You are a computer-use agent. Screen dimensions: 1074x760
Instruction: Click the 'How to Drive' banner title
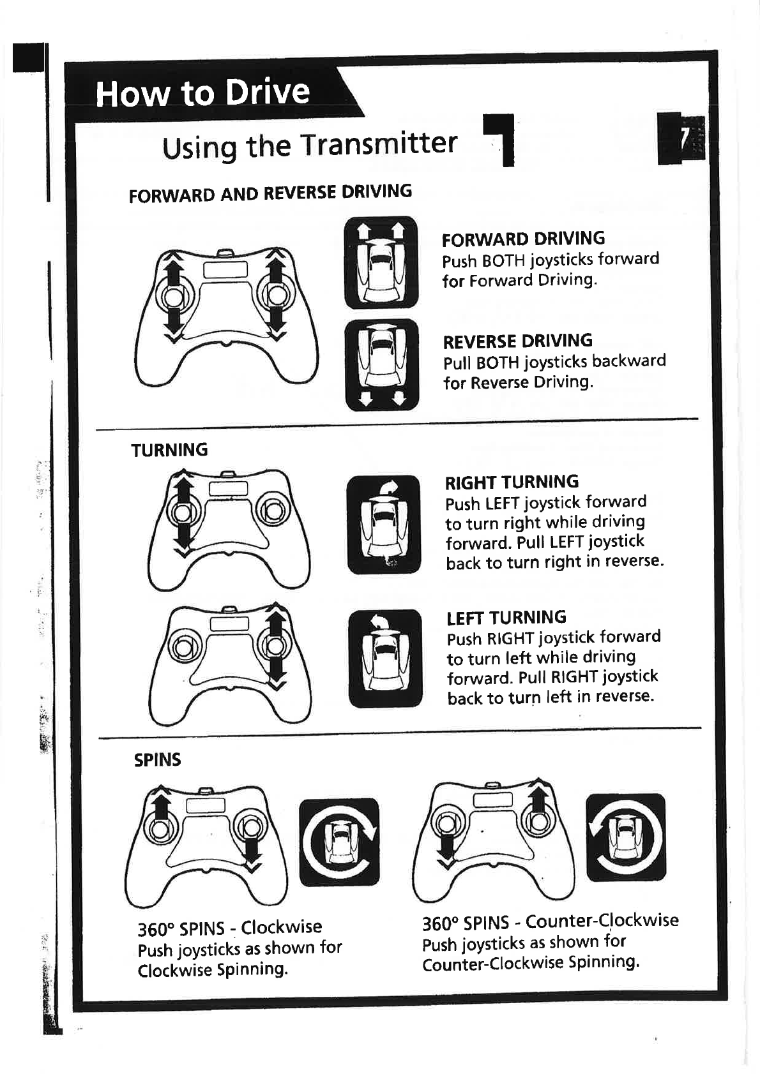pos(202,93)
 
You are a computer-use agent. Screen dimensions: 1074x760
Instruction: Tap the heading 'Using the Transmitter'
pos(310,145)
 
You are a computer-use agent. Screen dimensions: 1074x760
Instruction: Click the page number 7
pos(682,139)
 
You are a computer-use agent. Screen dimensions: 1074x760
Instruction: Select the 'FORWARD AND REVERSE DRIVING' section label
pos(270,193)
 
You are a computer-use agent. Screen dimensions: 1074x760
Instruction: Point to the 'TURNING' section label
pos(169,450)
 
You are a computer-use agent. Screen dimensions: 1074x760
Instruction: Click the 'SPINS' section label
pos(157,759)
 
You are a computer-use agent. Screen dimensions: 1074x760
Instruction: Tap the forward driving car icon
pos(381,262)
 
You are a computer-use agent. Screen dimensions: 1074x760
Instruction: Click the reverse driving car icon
pos(381,364)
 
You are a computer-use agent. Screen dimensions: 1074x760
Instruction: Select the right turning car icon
pos(384,525)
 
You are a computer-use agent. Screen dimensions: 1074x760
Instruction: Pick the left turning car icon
pos(385,659)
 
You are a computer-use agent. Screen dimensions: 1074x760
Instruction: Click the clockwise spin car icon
pos(339,842)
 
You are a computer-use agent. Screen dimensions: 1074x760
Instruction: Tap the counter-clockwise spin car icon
pos(625,837)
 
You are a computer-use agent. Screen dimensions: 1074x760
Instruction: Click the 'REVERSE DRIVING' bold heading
pos(517,341)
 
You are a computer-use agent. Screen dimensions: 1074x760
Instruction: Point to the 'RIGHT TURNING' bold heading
pos(512,482)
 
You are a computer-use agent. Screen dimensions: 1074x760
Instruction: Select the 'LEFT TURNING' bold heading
pos(506,617)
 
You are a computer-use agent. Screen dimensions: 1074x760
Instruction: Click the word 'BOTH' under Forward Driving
pos(503,260)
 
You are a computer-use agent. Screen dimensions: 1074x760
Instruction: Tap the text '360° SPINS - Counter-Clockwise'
pos(550,921)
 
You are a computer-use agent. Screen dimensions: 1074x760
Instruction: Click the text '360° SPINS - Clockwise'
pos(230,927)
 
